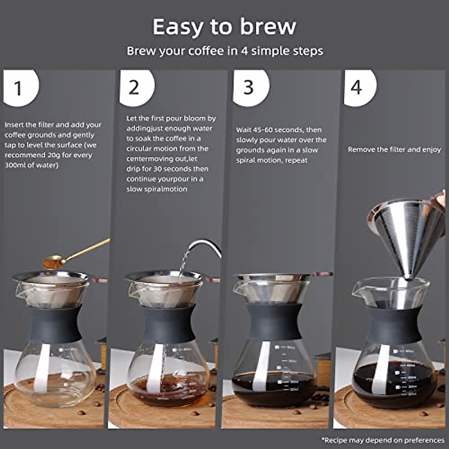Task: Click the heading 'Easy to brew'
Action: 224,27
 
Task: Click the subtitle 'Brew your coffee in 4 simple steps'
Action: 224,51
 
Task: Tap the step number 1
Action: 18,88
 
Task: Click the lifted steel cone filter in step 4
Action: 404,232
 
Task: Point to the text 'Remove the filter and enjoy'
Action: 394,150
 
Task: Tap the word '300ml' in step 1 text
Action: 15,165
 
